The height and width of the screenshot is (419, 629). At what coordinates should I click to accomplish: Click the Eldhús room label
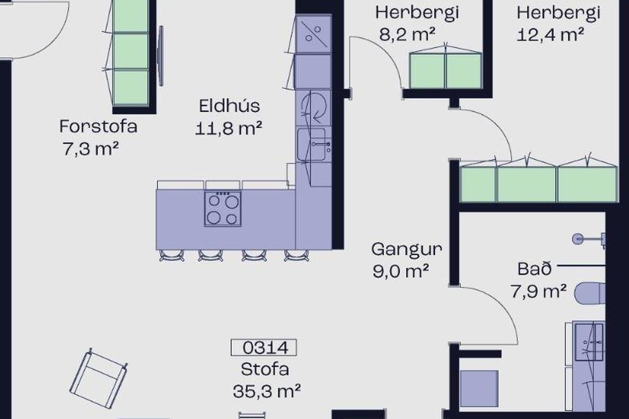coord(229,106)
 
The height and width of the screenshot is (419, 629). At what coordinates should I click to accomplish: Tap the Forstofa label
coord(98,127)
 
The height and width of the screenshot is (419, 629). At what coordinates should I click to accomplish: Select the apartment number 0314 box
coord(264,347)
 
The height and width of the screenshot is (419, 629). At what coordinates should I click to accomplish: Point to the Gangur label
coord(406,249)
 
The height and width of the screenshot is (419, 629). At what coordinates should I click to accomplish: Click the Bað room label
coord(534,269)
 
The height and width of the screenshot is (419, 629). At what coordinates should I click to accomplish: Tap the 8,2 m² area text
coord(407,35)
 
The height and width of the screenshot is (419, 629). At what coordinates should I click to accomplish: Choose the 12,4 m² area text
coord(550,35)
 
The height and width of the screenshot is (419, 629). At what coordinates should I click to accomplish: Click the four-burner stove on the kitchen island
coord(223,209)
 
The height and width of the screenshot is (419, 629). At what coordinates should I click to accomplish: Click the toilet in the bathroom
coord(590,293)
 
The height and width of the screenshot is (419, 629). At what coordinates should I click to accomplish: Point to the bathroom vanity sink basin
coord(589,342)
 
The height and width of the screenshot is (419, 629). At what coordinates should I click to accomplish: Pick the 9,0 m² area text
coord(401,271)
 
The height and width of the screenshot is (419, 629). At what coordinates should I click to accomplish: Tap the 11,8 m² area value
coord(228,129)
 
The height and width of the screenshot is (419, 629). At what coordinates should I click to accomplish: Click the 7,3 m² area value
coord(90,149)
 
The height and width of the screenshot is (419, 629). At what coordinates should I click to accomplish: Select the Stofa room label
coord(265,369)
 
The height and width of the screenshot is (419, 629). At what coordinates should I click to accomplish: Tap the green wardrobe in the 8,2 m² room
coord(445,72)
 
